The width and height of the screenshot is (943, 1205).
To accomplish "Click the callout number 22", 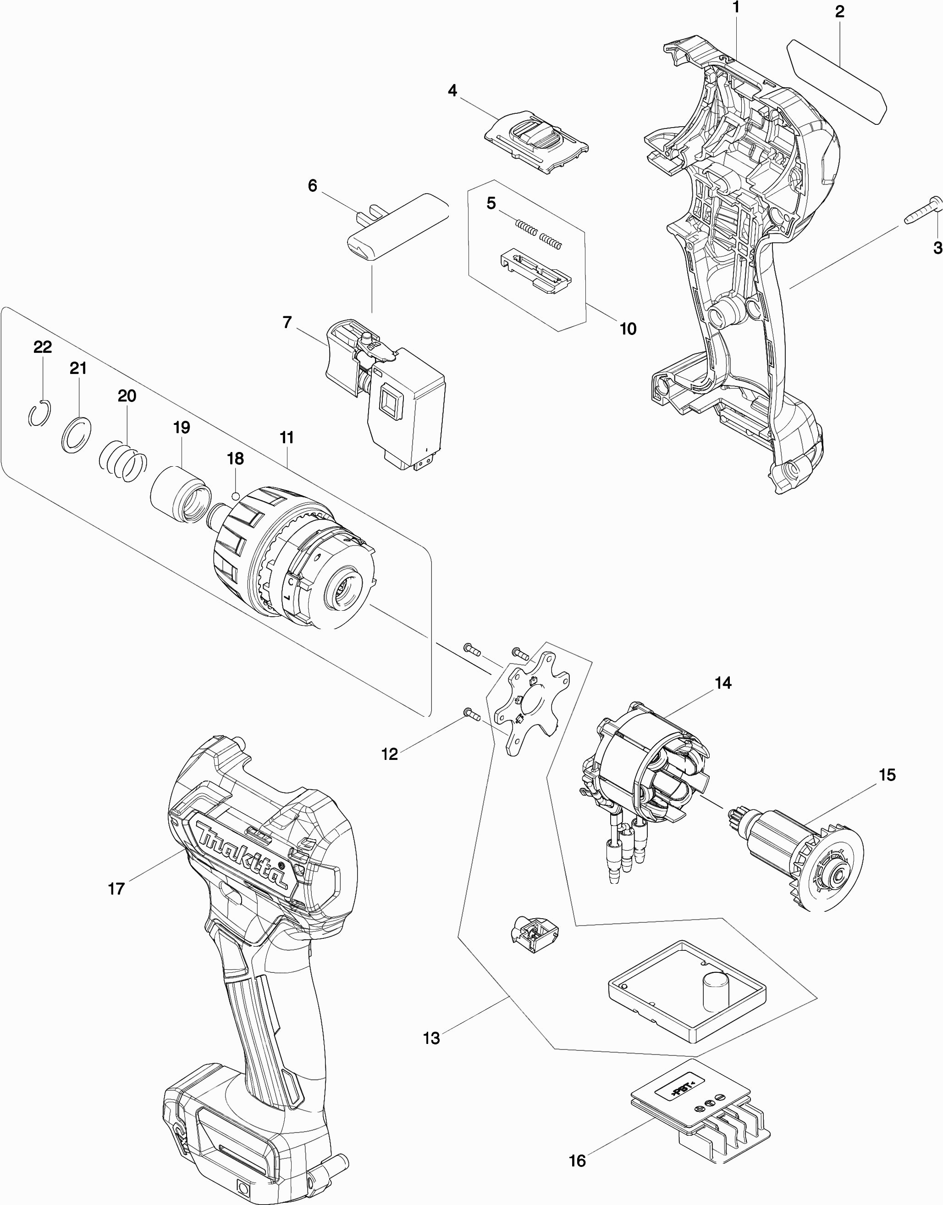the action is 43,346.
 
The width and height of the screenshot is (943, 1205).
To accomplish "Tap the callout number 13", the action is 431,1038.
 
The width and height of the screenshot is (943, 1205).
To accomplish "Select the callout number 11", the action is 287,438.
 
